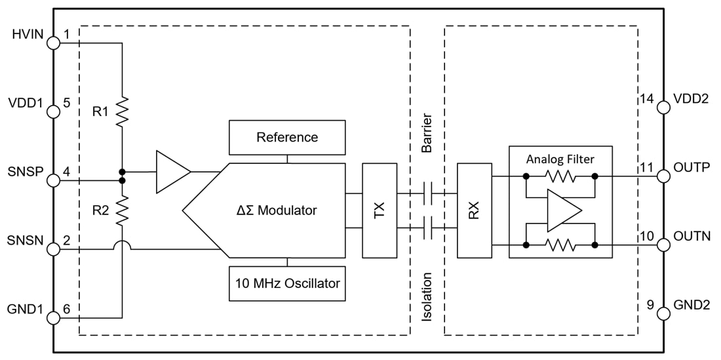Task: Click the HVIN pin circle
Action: pyautogui.click(x=53, y=43)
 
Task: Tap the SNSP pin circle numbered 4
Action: pyautogui.click(x=53, y=180)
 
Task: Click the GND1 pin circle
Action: pyautogui.click(x=53, y=318)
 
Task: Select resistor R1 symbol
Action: pyautogui.click(x=122, y=111)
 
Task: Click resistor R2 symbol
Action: pyautogui.click(x=122, y=210)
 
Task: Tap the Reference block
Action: pyautogui.click(x=287, y=138)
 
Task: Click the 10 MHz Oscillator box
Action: pyautogui.click(x=287, y=283)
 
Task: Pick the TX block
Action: pyautogui.click(x=380, y=210)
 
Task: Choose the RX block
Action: pyautogui.click(x=474, y=210)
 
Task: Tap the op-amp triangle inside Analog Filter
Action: pyautogui.click(x=562, y=210)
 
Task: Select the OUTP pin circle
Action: pyautogui.click(x=663, y=176)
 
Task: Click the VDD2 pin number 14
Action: pyautogui.click(x=647, y=99)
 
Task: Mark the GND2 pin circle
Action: pyautogui.click(x=663, y=313)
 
